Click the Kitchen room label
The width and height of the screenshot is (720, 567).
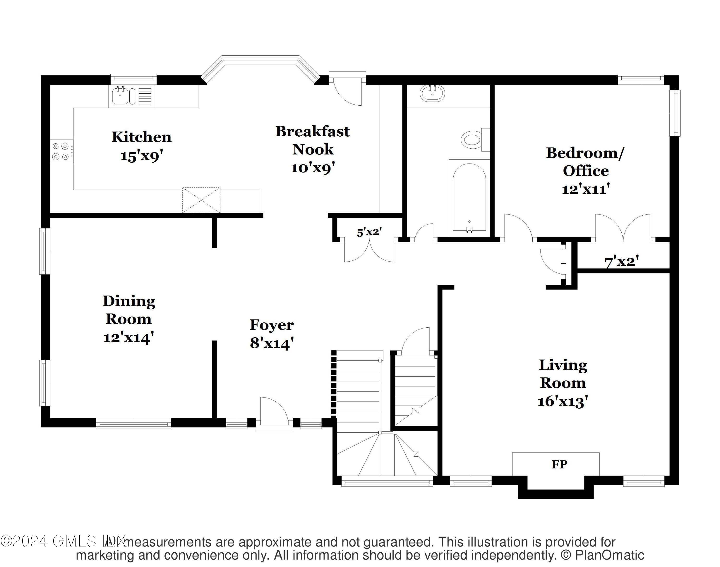(x=141, y=137)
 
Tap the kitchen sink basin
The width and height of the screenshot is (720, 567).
(x=119, y=95)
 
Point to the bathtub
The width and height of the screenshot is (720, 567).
(x=469, y=198)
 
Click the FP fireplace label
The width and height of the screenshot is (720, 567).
(x=559, y=464)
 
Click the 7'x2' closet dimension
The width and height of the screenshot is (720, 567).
(x=622, y=262)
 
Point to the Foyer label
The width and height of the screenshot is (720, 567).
(x=271, y=325)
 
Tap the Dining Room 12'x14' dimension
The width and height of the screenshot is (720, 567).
(x=128, y=337)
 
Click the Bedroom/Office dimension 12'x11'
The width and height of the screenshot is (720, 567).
(x=586, y=189)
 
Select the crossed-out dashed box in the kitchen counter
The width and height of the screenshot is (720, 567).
(x=201, y=200)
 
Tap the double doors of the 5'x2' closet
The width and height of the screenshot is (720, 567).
(x=369, y=251)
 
